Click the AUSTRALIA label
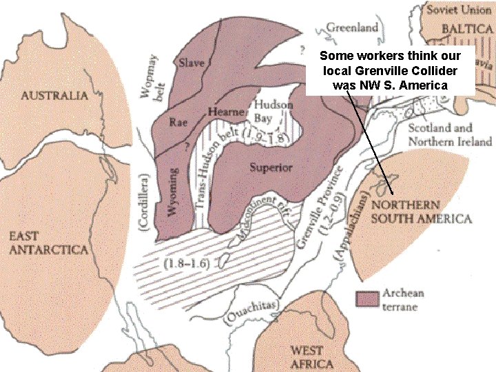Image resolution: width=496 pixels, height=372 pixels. click(54, 95)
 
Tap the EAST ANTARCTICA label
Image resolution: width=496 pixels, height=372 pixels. click(48, 242)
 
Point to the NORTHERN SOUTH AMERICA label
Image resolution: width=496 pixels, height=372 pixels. click(421, 212)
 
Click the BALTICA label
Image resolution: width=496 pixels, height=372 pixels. click(466, 28)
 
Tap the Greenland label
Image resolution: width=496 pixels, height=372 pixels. click(352, 28)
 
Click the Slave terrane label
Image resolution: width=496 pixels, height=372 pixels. click(192, 63)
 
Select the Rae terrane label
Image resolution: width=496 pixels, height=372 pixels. click(178, 122)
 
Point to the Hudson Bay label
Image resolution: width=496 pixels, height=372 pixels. click(273, 112)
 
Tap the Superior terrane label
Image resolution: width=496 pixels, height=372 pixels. click(271, 167)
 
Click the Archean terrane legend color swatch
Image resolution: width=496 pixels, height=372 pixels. click(367, 299)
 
